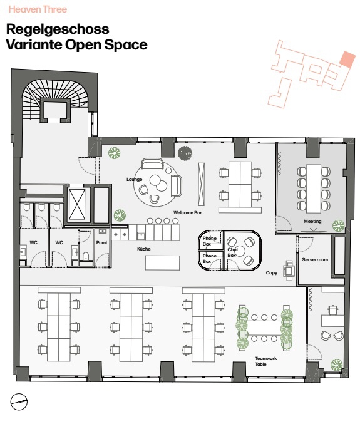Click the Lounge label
(134, 180)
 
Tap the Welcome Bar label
(188, 212)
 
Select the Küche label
(144, 249)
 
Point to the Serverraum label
(315, 259)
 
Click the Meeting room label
(312, 222)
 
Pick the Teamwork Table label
(266, 361)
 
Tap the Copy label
(271, 272)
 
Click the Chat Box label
(232, 252)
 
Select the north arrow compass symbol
(19, 401)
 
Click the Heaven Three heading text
(38, 9)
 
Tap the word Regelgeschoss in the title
(58, 29)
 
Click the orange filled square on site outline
(347, 59)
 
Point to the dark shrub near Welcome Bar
(185, 153)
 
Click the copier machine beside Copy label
(289, 270)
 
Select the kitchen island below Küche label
(162, 263)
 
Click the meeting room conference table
(314, 189)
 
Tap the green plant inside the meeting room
(338, 226)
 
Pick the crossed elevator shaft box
(77, 204)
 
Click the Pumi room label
(101, 243)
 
